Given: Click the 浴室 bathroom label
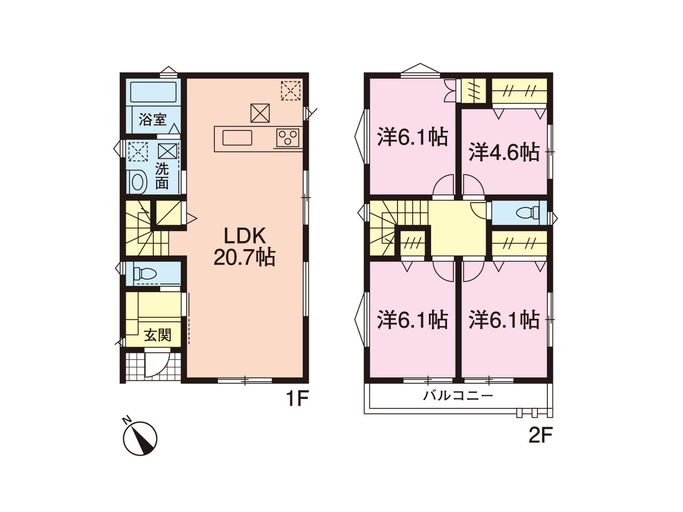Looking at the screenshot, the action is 153,119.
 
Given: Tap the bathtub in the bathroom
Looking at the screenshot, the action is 153,92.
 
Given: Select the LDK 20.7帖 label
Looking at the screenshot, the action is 244,247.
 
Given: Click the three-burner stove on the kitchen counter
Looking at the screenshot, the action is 288,138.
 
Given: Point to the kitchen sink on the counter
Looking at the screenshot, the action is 237,138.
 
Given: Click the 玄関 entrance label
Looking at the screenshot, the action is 157,336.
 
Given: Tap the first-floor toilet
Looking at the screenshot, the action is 144,274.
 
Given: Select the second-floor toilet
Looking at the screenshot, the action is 527,213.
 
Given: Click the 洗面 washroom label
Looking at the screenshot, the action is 162,176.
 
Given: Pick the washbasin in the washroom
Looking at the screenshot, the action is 137,182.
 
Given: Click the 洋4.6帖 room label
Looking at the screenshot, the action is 504,152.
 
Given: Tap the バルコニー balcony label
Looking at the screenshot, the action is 458,396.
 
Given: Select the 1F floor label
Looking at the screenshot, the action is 297,399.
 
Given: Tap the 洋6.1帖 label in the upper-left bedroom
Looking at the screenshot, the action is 412,137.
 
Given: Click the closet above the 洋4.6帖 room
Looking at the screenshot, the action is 519,91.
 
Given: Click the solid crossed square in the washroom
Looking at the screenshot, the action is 168,151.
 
